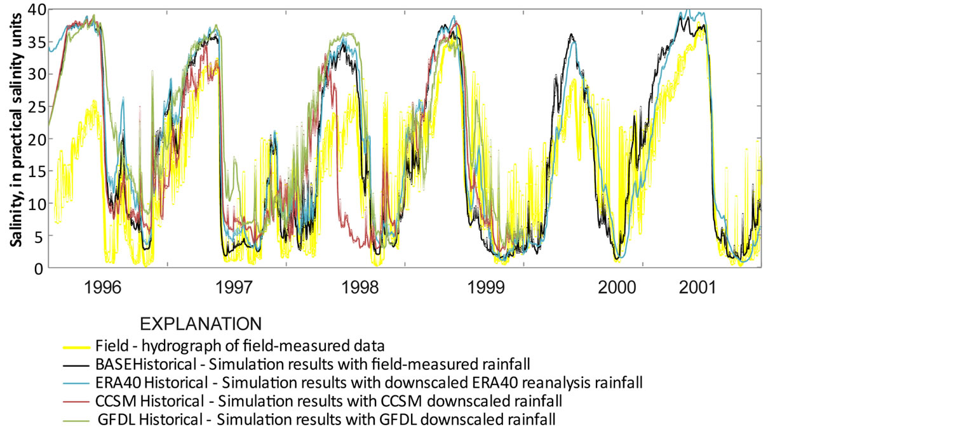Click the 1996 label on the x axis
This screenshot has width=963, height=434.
(103, 287)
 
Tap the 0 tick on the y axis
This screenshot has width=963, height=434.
(41, 268)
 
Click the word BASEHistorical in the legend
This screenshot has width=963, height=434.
(145, 365)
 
